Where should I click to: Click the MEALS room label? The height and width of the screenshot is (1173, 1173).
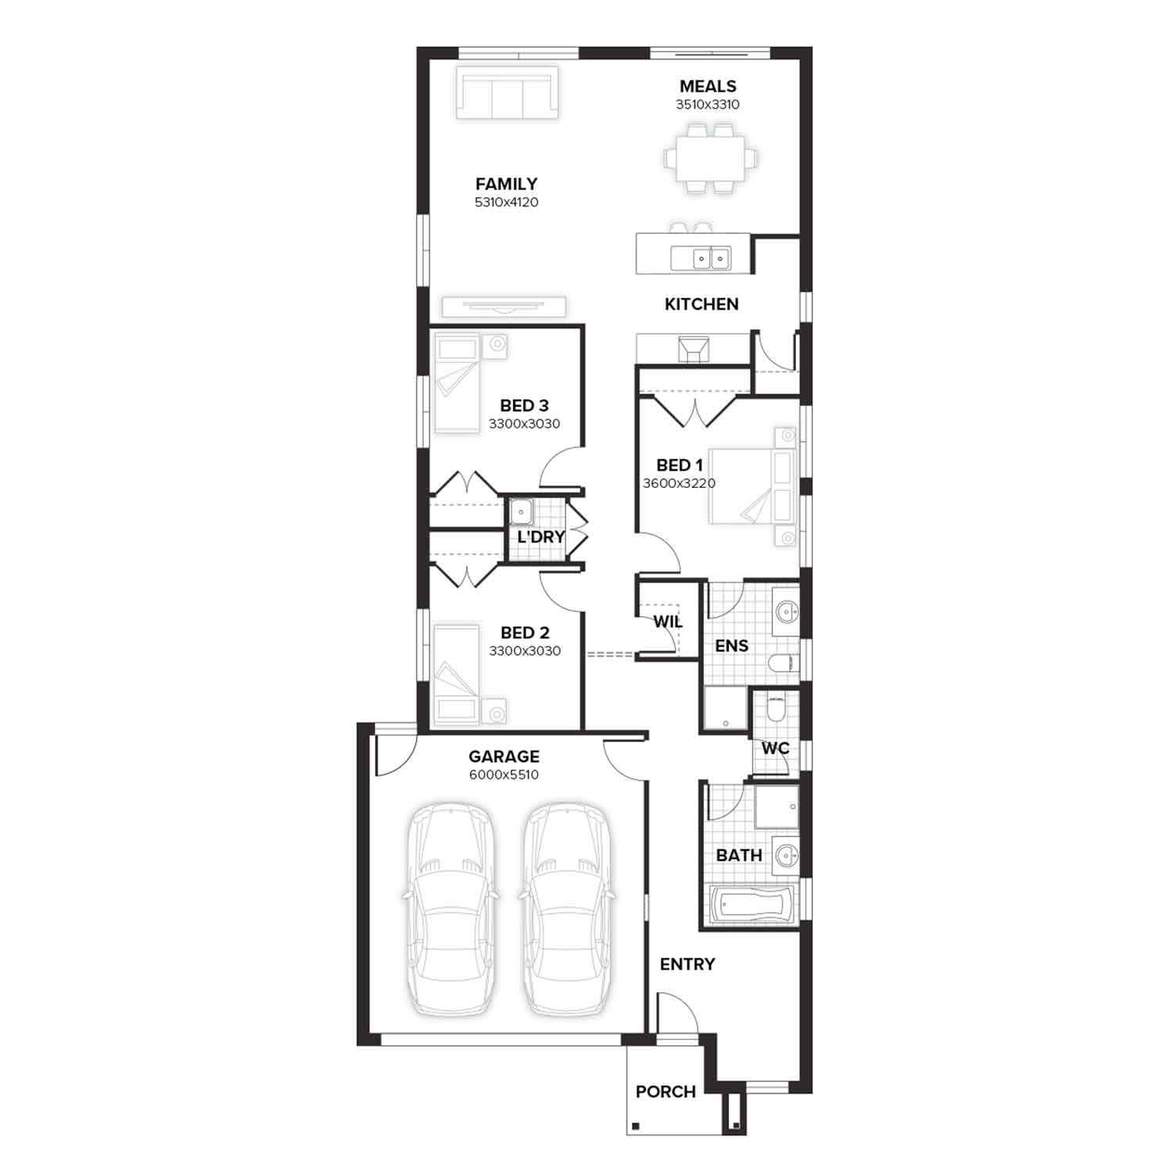point(708,86)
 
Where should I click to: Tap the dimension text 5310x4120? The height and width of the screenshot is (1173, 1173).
point(507,203)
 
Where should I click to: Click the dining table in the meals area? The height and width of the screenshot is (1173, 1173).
point(711,159)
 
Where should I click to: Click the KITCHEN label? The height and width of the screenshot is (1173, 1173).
point(701,304)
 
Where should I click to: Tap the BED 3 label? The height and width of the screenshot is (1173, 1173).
point(524,406)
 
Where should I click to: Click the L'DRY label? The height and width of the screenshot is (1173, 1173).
point(541,537)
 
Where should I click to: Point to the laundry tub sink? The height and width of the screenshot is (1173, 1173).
point(521,512)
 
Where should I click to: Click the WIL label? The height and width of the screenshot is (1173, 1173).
point(668,622)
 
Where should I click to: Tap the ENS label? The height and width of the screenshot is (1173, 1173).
point(732,646)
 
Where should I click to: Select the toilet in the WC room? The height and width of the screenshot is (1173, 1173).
point(775,709)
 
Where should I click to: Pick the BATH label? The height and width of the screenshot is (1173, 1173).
point(739,856)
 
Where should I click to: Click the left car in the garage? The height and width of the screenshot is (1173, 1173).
point(450,909)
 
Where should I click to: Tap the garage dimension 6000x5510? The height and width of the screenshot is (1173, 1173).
point(504,775)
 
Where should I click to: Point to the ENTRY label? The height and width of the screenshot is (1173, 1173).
point(687,964)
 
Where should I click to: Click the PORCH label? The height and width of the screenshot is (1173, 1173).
point(665,1092)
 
